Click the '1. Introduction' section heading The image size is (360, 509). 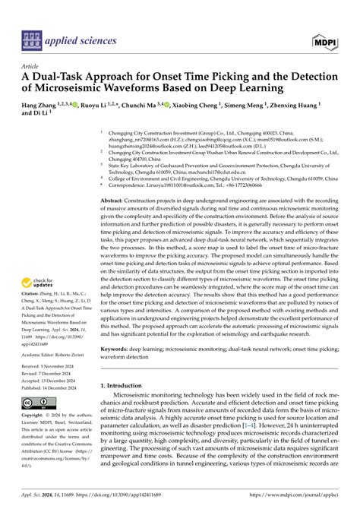click(x=125, y=385)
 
